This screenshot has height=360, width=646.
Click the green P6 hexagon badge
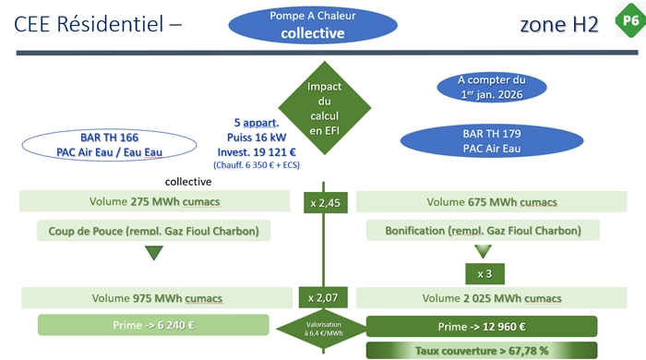(630, 19)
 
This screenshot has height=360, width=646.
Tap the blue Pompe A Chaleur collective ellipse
(313, 25)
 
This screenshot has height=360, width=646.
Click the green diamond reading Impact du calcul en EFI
(325, 108)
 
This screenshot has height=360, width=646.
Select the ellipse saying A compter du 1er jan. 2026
(492, 88)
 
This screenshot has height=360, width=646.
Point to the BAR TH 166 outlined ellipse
(109, 145)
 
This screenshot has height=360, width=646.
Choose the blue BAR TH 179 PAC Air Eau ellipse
(492, 141)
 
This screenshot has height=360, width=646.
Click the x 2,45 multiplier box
(326, 203)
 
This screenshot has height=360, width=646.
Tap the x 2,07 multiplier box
(323, 297)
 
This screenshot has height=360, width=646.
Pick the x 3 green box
(484, 274)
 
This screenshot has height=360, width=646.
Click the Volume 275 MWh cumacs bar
(154, 201)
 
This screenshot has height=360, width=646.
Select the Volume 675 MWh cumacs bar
(492, 202)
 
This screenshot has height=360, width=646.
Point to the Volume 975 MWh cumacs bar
(157, 298)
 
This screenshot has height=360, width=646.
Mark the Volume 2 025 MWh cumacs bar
(492, 298)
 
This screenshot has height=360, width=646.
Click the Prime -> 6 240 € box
(153, 325)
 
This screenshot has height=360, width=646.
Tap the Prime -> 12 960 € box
(482, 327)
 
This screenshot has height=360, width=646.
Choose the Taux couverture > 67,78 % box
(482, 351)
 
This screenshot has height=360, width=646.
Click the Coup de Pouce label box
(154, 231)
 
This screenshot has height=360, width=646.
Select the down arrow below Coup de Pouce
(154, 253)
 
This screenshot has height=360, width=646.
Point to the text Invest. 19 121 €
(257, 152)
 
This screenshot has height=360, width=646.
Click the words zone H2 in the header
(559, 24)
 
